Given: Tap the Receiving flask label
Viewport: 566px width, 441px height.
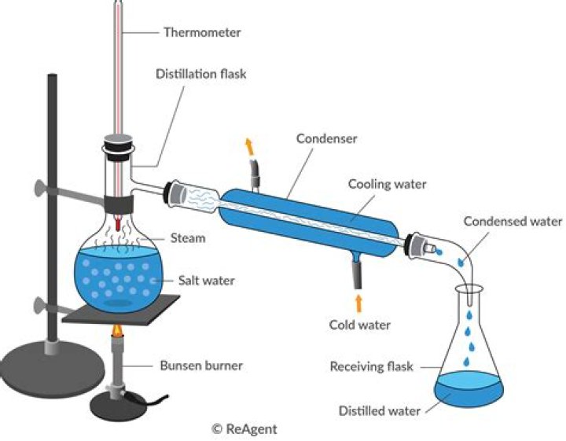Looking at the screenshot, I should [373, 366].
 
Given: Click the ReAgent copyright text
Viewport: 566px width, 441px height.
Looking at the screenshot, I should [244, 429].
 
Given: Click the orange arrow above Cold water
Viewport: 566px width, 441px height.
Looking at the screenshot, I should [359, 302].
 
